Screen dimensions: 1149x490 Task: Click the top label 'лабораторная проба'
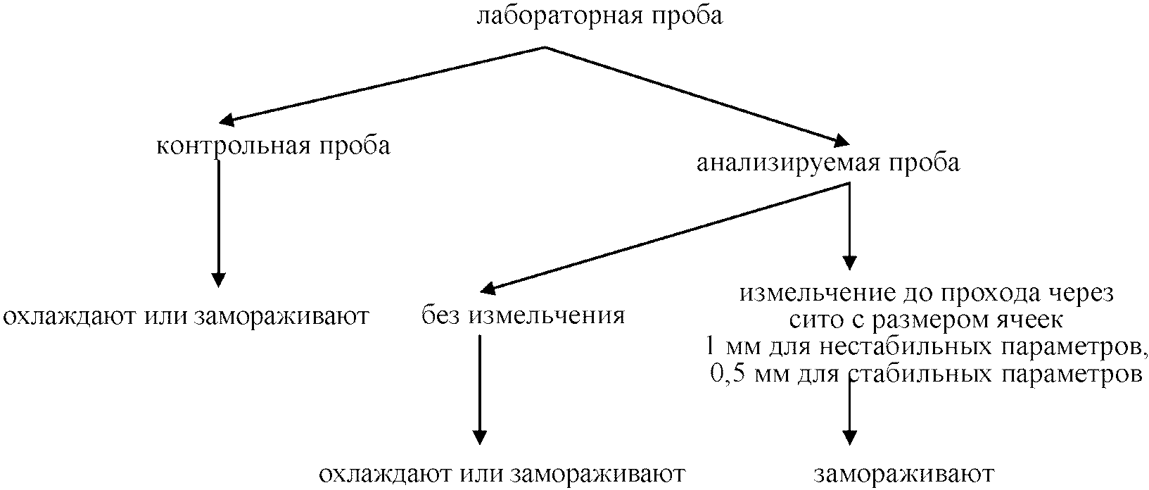point(599,15)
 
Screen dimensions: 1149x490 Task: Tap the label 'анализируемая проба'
point(827,164)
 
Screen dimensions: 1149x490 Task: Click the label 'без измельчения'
point(523,315)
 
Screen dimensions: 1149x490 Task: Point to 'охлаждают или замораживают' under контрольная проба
point(186,316)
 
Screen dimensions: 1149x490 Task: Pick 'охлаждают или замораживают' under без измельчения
point(502,473)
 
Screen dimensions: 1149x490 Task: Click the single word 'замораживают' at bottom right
point(904,474)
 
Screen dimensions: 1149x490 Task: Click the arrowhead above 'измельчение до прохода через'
point(850,263)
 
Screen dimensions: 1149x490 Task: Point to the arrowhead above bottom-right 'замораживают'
point(850,438)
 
